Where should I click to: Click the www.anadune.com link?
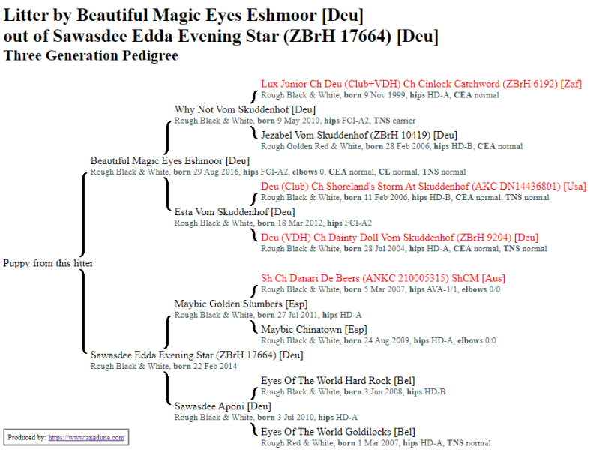pyautogui.click(x=86, y=437)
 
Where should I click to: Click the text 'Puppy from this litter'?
pyautogui.click(x=48, y=263)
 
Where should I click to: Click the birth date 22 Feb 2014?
pyautogui.click(x=218, y=367)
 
